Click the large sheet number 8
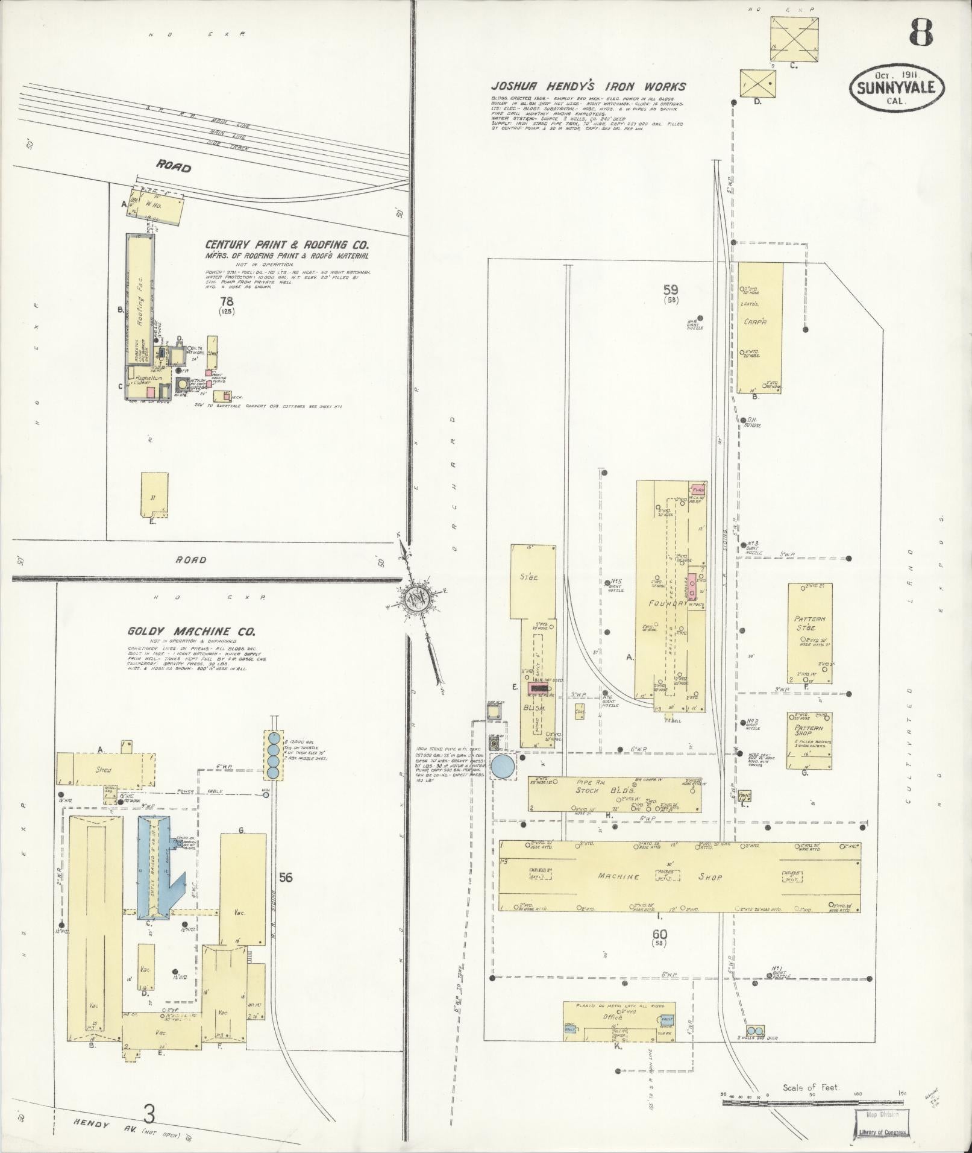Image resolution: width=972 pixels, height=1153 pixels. point(921,33)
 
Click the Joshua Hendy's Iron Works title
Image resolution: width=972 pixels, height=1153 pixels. point(589,87)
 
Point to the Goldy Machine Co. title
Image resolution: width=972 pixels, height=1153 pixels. point(190,632)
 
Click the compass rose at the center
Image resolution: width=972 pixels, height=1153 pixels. point(415,597)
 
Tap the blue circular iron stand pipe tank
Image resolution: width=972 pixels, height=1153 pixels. point(503,766)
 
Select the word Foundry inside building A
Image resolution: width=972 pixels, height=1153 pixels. point(667,603)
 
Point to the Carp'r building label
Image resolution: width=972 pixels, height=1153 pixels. point(754,321)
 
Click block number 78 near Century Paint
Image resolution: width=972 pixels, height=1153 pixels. point(227,301)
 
